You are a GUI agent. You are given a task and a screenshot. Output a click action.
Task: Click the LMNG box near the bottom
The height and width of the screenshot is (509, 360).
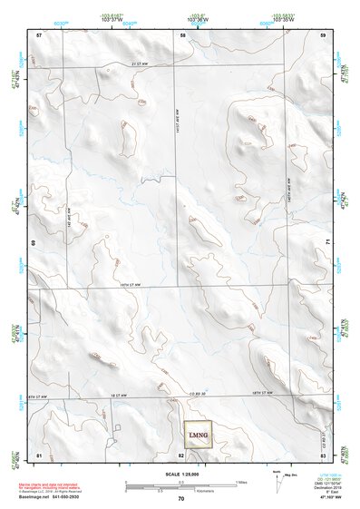coord(198,435)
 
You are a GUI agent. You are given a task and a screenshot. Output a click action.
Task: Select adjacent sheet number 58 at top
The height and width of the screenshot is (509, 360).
coord(183,34)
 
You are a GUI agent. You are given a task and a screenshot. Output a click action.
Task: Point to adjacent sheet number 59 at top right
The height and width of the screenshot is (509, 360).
coord(324,34)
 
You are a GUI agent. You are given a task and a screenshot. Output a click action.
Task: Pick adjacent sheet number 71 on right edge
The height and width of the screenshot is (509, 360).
coord(326,243)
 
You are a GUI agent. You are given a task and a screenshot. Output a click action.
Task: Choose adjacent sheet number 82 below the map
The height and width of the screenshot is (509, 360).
coord(182,454)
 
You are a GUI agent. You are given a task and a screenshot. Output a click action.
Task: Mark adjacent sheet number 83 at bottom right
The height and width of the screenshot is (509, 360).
coord(323,454)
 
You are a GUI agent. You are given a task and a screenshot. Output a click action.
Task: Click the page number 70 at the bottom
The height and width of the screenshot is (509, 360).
coord(181,499)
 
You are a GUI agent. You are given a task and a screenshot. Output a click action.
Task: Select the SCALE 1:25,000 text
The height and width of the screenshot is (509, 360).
coord(180,475)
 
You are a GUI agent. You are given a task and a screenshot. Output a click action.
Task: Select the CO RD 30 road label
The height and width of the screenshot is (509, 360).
coord(197,394)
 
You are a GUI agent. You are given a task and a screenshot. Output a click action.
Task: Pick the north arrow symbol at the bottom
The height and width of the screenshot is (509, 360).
coord(276,478)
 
